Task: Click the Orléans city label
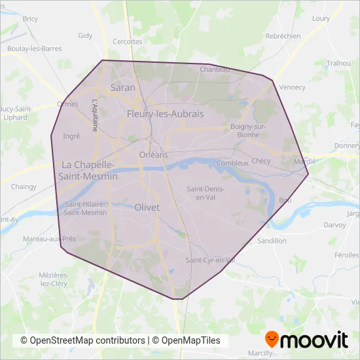point(154,154)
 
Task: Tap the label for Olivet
point(147,207)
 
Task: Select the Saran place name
point(123,87)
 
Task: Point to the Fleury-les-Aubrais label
point(165,114)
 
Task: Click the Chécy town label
point(261,160)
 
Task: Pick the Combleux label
point(232,162)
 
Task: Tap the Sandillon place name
point(272,241)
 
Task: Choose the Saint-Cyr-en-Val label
point(210,260)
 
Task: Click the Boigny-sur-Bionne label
point(245,130)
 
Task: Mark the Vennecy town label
point(292,87)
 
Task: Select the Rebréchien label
point(283,37)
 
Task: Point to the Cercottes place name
point(127,41)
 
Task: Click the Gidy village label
point(85,36)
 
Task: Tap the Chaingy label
point(24,187)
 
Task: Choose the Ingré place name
point(70,136)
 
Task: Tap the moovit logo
point(306,340)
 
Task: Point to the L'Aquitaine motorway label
point(95,115)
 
